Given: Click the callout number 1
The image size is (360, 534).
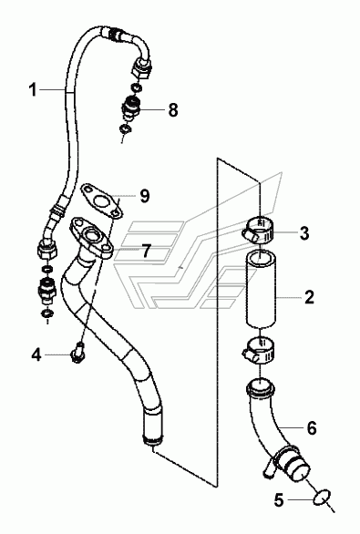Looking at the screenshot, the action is pyautogui.click(x=33, y=90).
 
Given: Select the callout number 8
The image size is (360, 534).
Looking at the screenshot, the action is pyautogui.click(x=173, y=110).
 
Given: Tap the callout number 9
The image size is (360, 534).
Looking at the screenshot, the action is pyautogui.click(x=145, y=196).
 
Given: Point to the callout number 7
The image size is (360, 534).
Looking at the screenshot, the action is pyautogui.click(x=146, y=251).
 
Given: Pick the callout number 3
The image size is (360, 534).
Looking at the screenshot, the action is pyautogui.click(x=304, y=233).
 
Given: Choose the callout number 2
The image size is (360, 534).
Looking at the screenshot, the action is pyautogui.click(x=309, y=297).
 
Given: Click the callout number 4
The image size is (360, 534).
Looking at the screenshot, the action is pyautogui.click(x=36, y=354).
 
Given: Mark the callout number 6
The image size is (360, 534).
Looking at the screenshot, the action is pyautogui.click(x=312, y=427).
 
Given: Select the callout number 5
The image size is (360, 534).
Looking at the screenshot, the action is pyautogui.click(x=279, y=500).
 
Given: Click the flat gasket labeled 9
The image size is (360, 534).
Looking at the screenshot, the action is pyautogui.click(x=101, y=200).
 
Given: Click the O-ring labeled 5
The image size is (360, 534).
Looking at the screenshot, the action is pyautogui.click(x=322, y=499).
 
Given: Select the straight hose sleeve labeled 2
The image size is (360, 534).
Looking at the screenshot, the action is pyautogui.click(x=261, y=290).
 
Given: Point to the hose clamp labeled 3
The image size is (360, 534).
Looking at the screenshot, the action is pyautogui.click(x=259, y=230).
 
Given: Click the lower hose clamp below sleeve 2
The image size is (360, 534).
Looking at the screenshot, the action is pyautogui.click(x=260, y=350).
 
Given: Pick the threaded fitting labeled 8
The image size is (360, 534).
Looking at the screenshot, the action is pyautogui.click(x=129, y=108).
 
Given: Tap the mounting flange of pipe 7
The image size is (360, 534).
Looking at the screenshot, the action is pyautogui.click(x=91, y=238).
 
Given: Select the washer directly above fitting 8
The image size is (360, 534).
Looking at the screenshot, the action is pyautogui.click(x=137, y=87).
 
